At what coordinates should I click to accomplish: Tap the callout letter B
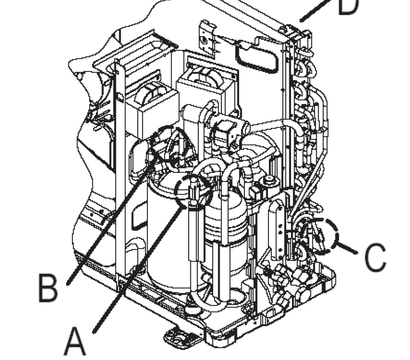[x=48, y=288]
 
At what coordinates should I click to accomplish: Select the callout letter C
[x=375, y=257]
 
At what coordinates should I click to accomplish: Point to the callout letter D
[x=348, y=6]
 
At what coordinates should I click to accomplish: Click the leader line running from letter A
[x=140, y=269]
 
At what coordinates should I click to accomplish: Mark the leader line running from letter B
[x=112, y=219]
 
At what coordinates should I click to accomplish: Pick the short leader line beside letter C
[x=346, y=248]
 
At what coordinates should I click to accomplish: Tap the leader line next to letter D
[x=315, y=10]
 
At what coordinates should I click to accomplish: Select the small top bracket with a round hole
[x=207, y=38]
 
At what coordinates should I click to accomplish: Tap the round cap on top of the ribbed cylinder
[x=270, y=181]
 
